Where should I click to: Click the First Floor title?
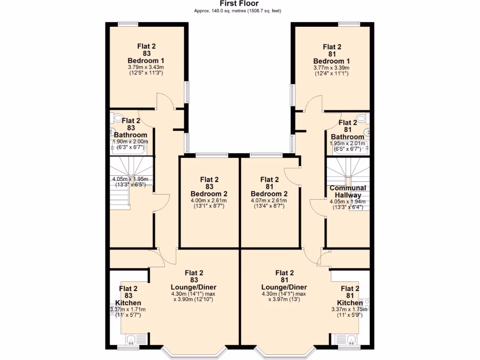click(240, 4)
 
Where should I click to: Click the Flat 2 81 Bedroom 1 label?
click(332, 53)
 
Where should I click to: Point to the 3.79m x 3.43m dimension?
click(146, 67)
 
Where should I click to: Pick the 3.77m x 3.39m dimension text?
click(332, 67)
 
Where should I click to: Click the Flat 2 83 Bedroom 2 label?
click(209, 187)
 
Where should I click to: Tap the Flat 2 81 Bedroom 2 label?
click(270, 187)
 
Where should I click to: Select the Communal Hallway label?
click(348, 191)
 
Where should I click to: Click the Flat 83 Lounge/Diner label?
click(194, 280)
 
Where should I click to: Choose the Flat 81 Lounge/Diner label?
click(285, 280)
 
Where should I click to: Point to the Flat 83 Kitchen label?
click(128, 295)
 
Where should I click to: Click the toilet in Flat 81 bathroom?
click(361, 118)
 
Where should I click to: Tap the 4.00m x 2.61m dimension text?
click(209, 201)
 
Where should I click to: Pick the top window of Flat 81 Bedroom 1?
click(349, 23)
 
